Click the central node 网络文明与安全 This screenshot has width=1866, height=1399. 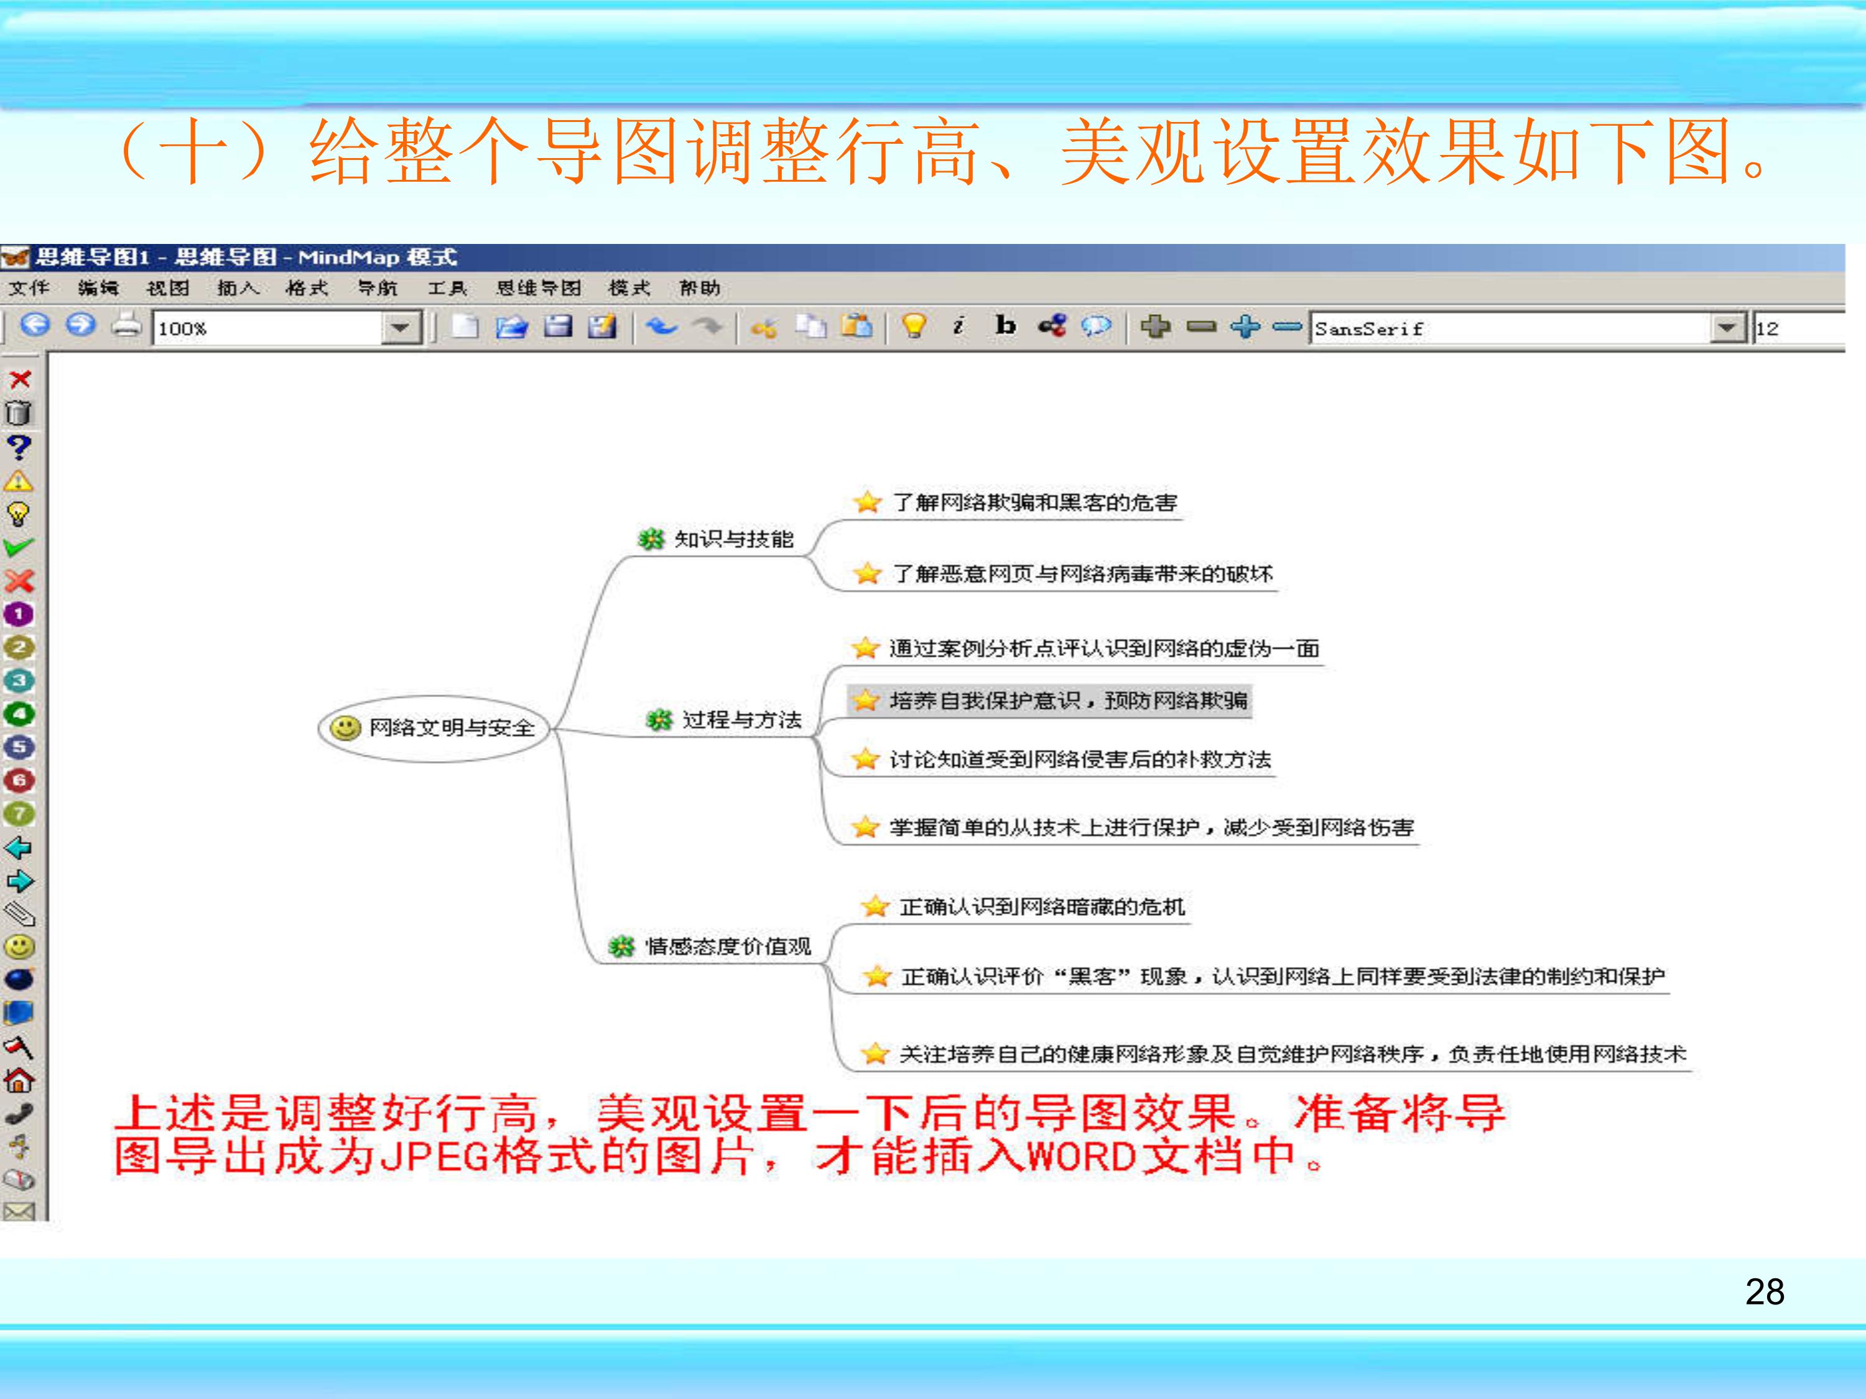coord(452,728)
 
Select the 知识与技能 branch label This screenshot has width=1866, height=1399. coord(733,539)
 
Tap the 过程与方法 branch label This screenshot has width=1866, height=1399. coord(741,720)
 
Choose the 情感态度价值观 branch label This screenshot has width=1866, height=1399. coord(727,946)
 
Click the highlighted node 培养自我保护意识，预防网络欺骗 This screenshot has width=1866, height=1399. coord(1067,700)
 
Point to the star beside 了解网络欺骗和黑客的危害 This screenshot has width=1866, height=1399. coord(866,503)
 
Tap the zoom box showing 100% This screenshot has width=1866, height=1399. coord(268,328)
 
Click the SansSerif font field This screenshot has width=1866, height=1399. coord(1510,328)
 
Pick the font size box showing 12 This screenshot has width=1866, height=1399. coord(1797,328)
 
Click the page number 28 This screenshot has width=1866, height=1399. coord(1764,1292)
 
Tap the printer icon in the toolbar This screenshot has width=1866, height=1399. coord(126,325)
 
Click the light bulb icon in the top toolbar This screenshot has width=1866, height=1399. coord(914,325)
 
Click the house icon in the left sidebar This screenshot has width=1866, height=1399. coord(19,1079)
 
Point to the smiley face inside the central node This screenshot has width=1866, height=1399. coord(344,728)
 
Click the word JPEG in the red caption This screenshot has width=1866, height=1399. coord(435,1157)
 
